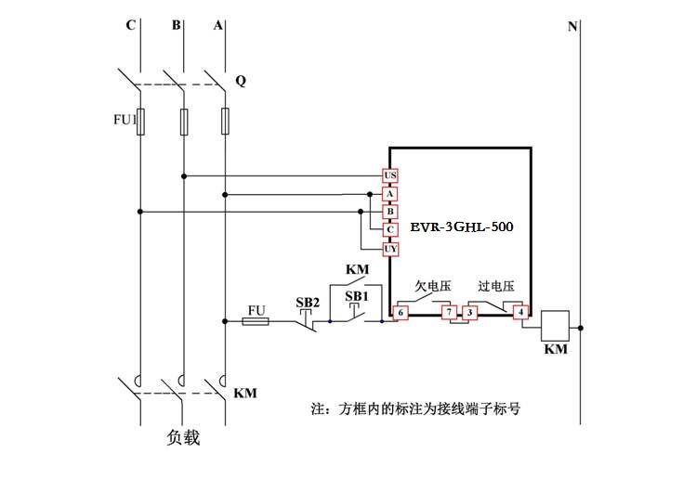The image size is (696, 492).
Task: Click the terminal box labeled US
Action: (390, 175)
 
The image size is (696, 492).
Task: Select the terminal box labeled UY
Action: (390, 249)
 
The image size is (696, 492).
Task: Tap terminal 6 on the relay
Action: (401, 313)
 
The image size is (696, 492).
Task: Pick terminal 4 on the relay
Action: (521, 313)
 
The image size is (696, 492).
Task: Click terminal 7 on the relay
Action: (449, 313)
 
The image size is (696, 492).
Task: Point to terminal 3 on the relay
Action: (470, 313)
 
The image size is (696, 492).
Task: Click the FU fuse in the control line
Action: (256, 322)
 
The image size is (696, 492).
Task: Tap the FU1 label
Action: (124, 119)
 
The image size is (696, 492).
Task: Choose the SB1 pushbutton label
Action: (356, 296)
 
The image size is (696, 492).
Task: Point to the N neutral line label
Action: (572, 26)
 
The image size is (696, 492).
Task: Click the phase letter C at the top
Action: (130, 25)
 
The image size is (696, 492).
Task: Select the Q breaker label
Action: (241, 81)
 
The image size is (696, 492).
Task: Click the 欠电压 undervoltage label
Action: (432, 287)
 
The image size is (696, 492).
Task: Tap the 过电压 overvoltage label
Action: (496, 287)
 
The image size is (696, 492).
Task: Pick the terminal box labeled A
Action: (390, 194)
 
